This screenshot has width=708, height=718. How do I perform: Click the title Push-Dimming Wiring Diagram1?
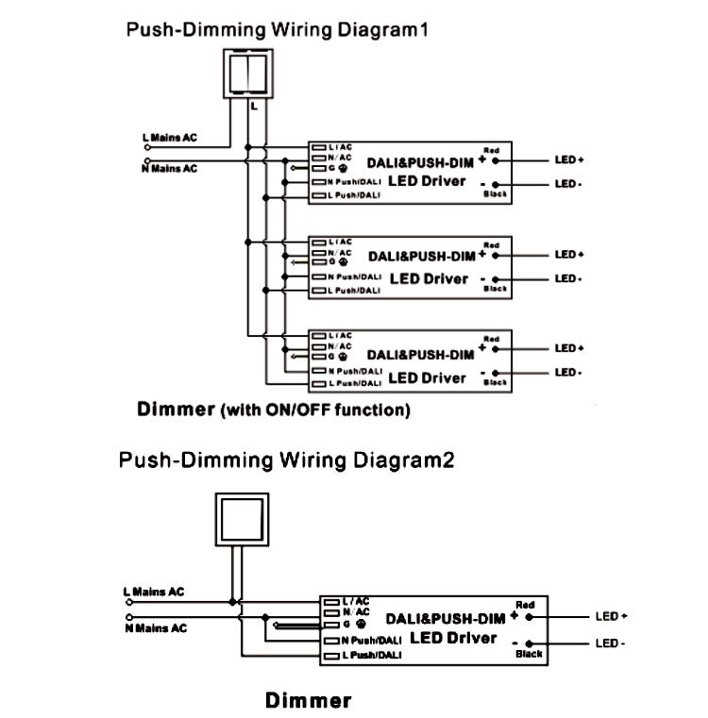click(278, 29)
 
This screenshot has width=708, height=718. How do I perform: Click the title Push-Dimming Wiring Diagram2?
click(286, 460)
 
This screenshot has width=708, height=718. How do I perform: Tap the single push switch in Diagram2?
click(242, 519)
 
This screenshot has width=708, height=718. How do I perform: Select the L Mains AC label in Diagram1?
click(170, 138)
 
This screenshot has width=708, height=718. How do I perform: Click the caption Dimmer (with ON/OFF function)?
click(273, 409)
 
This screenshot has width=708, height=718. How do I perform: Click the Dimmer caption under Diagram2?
click(308, 700)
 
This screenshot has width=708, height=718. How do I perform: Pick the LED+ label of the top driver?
click(569, 160)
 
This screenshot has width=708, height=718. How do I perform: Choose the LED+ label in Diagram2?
click(611, 616)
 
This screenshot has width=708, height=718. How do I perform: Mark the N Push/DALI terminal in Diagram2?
click(362, 641)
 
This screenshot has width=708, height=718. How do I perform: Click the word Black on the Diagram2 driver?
click(529, 654)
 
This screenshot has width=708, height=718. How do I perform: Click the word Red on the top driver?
click(491, 150)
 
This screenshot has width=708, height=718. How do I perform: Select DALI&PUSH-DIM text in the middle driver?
click(421, 256)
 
